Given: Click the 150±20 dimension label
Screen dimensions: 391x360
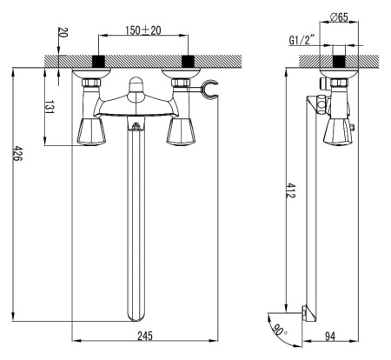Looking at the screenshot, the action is [143, 30].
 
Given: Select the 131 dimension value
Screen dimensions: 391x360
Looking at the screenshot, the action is [50, 107].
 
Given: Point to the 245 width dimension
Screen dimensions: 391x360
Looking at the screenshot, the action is [144, 336].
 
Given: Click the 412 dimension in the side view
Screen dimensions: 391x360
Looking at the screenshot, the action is [290, 190].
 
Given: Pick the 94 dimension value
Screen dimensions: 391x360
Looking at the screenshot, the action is [330, 337].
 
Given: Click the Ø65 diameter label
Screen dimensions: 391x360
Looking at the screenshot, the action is [339, 17].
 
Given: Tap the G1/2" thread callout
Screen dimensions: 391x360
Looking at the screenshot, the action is [302, 40].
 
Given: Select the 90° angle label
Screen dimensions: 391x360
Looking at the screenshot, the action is [279, 330].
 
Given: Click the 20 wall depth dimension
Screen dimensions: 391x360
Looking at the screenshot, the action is [63, 32].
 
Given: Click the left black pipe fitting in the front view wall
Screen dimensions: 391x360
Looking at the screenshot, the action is [98, 61].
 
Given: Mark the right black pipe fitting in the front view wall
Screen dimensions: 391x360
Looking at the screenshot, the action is [188, 61].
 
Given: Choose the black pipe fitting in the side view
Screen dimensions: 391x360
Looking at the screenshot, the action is [339, 61].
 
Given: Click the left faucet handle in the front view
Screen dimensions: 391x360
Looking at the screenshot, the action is [91, 131].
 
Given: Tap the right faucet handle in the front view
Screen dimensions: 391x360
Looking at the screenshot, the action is [182, 131].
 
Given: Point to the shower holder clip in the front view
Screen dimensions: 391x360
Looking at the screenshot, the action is [209, 90].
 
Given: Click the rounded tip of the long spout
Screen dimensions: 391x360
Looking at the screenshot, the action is [136, 320].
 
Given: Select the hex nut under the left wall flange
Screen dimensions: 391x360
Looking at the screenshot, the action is [91, 83].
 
